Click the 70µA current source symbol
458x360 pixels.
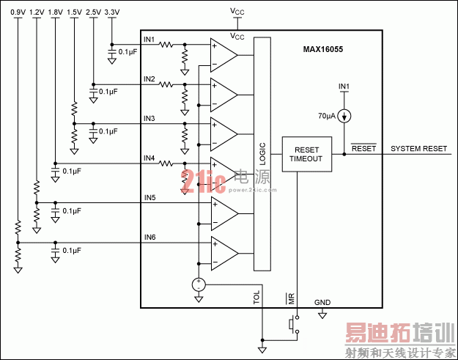[344, 116]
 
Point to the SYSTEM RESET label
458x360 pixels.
[418, 148]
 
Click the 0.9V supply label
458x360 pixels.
[18, 12]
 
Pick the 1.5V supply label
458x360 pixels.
[74, 12]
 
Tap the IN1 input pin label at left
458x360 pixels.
[149, 38]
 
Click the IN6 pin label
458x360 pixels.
[149, 236]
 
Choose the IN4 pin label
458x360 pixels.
[149, 158]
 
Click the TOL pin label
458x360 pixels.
[256, 297]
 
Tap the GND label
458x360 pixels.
[322, 302]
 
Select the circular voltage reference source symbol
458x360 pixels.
[198, 285]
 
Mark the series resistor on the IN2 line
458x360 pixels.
[167, 85]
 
